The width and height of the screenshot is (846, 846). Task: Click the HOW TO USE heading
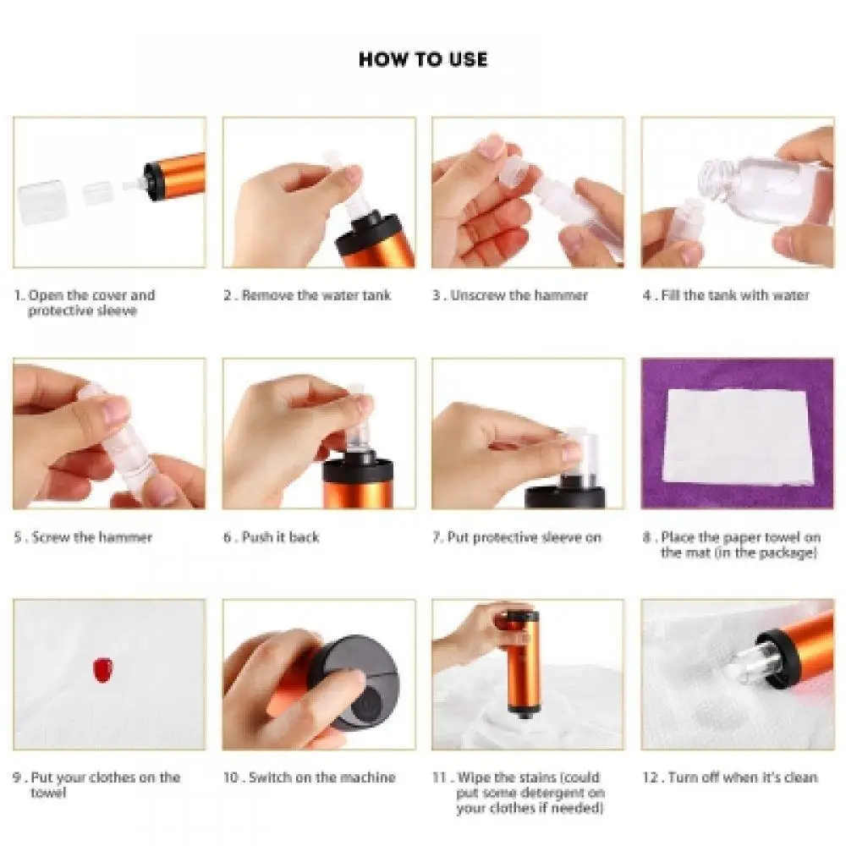[x=423, y=59]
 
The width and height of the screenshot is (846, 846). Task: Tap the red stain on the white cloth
[x=102, y=669]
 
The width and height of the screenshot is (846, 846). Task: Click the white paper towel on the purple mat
[x=738, y=436]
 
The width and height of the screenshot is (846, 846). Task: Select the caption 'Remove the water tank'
[x=316, y=295]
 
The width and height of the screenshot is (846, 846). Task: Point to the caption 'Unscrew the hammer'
[x=519, y=295]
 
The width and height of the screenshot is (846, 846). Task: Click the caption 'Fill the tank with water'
[x=735, y=295]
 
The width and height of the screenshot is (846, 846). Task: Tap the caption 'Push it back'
[x=281, y=537]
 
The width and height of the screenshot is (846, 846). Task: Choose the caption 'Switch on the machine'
[x=322, y=777]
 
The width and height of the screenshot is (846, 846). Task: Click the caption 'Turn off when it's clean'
[x=743, y=777]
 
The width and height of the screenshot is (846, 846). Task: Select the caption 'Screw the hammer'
[x=91, y=537]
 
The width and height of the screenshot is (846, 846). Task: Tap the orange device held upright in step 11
[x=521, y=663]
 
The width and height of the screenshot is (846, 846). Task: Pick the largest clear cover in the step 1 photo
[x=41, y=198]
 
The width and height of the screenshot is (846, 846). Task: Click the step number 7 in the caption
[x=437, y=537]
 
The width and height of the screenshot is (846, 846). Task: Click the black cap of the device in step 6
[x=358, y=470]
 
